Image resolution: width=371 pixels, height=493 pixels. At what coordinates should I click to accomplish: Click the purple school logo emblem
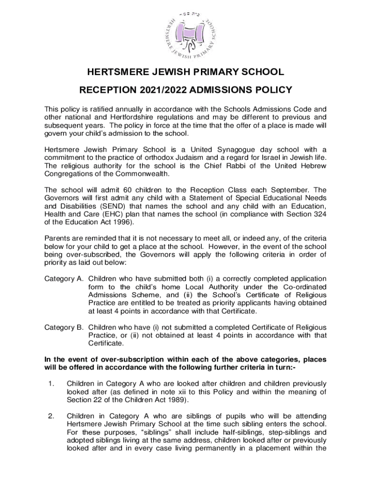click(x=185, y=34)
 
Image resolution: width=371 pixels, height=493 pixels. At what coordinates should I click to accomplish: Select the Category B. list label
click(x=65, y=327)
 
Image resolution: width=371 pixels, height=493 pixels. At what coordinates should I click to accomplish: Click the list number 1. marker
click(x=50, y=384)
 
